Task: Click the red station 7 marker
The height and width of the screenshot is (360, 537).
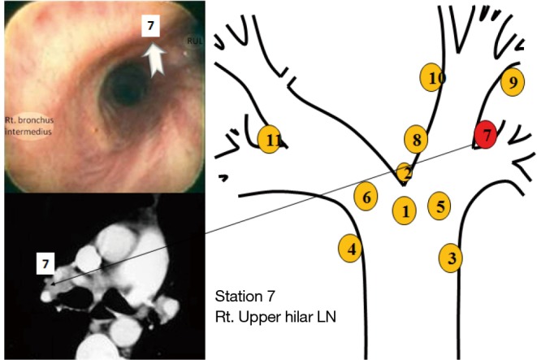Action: tap(486, 134)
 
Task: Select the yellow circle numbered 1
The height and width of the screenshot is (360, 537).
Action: tap(404, 211)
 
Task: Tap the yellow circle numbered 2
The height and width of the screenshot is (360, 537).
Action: tap(404, 172)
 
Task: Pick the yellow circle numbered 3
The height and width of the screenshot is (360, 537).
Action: tap(451, 258)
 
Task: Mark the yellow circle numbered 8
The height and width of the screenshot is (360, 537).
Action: tap(416, 140)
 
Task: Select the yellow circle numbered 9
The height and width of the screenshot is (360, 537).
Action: tap(511, 81)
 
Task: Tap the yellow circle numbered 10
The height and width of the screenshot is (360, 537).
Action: tap(435, 77)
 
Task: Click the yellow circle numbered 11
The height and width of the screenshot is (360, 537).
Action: tap(271, 140)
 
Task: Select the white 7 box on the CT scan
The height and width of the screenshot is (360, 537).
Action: tap(45, 262)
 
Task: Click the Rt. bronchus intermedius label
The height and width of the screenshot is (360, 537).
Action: tap(30, 126)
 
